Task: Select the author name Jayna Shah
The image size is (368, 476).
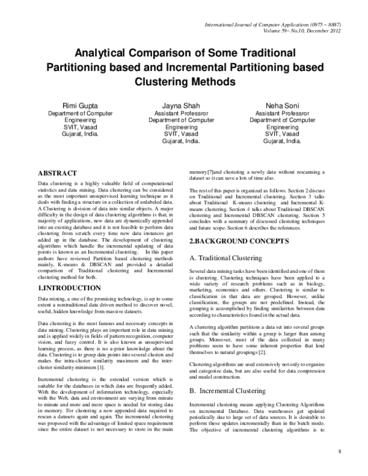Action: click(180, 106)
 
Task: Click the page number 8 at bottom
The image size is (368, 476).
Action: click(339, 451)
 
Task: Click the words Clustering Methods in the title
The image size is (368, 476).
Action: click(184, 81)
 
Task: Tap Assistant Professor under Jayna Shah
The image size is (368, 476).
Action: click(180, 114)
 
